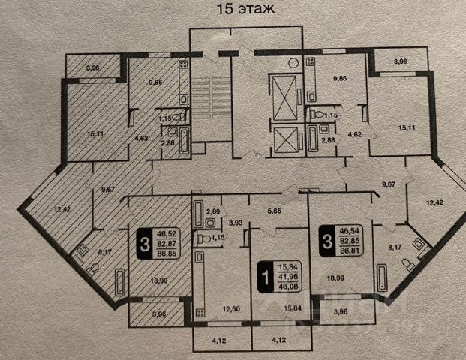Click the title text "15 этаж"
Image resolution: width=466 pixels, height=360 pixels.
(234, 10)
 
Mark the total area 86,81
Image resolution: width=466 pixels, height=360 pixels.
(350, 253)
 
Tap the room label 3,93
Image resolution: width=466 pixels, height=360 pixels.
(236, 223)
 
